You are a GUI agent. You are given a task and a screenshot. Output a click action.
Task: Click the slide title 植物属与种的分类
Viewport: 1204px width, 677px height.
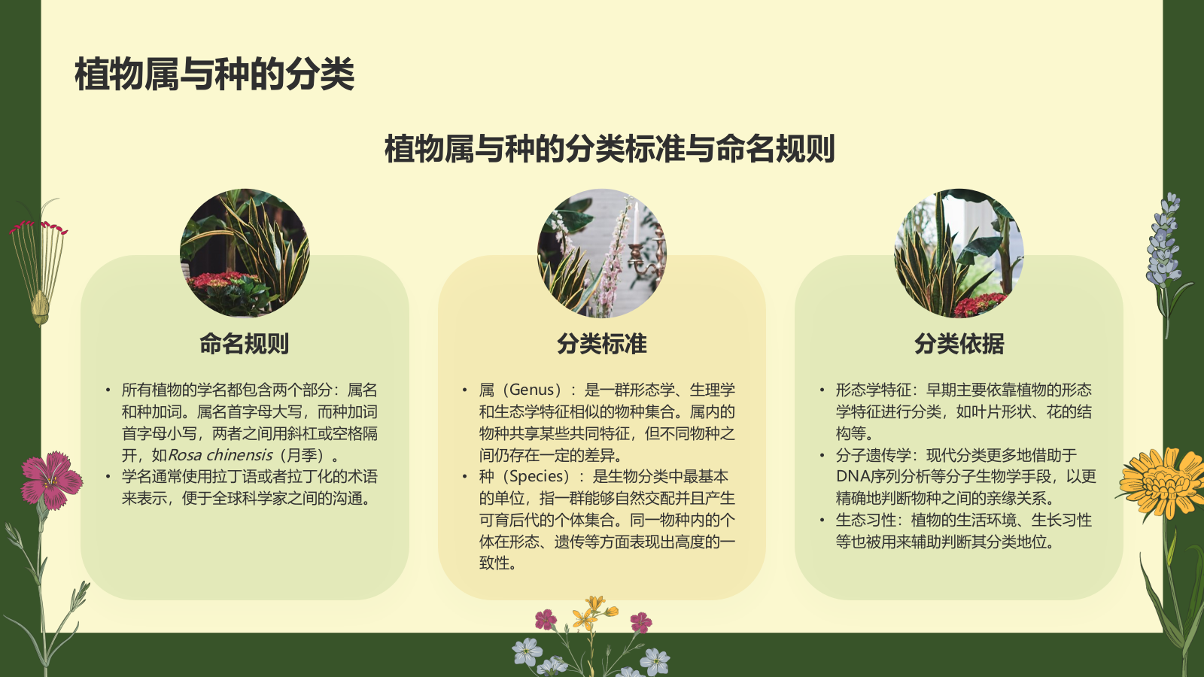coord(214,74)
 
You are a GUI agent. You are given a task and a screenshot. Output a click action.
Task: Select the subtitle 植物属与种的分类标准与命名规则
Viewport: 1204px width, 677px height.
coord(610,148)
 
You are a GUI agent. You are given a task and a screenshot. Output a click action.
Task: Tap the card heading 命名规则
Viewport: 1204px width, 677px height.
coord(245,344)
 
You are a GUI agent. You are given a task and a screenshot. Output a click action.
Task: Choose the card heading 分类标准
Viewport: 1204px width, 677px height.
coord(602,344)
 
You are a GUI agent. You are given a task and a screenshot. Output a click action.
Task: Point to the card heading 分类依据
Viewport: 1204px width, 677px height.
coord(959,344)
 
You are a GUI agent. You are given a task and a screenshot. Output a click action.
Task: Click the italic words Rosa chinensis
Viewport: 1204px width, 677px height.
coord(220,455)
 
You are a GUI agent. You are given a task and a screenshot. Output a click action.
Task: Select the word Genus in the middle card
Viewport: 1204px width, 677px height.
coord(532,390)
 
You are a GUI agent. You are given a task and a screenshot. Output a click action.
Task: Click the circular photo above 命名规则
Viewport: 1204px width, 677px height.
coord(245,253)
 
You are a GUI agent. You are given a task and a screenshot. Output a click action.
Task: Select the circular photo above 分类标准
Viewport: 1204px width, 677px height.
coord(602,253)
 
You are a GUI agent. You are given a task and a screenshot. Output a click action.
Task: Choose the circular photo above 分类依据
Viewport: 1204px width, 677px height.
coord(959,253)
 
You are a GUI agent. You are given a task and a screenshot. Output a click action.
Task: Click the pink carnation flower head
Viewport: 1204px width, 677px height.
coord(51,478)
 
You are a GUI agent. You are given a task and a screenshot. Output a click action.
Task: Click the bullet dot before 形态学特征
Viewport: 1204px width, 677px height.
coord(822,390)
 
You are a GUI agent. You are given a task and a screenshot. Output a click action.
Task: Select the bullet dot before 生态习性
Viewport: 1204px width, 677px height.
coord(822,520)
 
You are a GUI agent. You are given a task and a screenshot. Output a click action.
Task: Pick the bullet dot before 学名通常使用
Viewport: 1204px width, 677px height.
coord(108,476)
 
